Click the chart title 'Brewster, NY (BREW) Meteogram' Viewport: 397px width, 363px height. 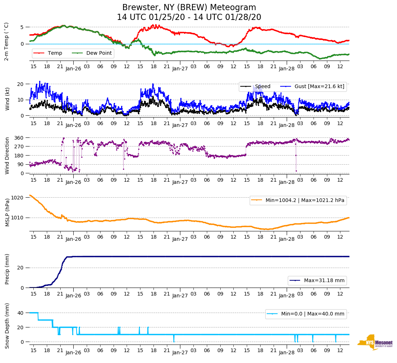click(x=189, y=8)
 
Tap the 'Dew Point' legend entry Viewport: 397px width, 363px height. click(x=99, y=53)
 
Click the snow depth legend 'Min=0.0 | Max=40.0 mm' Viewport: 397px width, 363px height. click(x=312, y=314)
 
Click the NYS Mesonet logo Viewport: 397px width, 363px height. click(x=375, y=342)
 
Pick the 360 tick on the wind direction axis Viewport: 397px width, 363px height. click(x=19, y=138)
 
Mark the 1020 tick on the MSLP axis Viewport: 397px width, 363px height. click(x=17, y=198)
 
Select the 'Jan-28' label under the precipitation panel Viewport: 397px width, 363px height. click(x=286, y=296)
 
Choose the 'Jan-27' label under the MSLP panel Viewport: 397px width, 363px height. click(x=180, y=239)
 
